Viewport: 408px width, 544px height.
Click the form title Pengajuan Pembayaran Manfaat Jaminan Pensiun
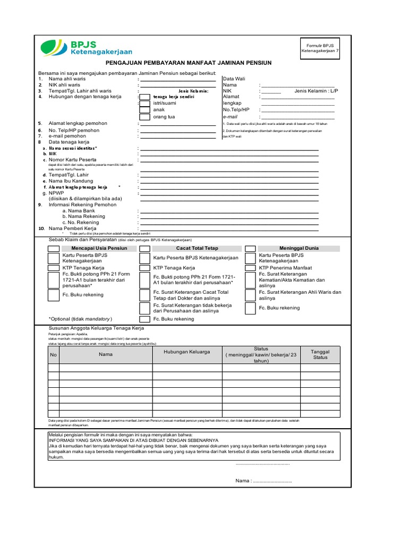click(x=188, y=63)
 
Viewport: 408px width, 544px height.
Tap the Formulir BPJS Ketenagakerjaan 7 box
click(x=319, y=48)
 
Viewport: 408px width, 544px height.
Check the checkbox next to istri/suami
click(x=144, y=103)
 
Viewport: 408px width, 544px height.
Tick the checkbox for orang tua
click(x=144, y=117)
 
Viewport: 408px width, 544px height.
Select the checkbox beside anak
click(x=144, y=110)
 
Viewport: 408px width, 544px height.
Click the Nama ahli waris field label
click(x=69, y=78)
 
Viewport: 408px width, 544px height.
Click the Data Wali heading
click(x=236, y=78)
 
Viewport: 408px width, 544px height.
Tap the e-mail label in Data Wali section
click(x=230, y=116)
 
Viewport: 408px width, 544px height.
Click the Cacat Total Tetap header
click(x=197, y=248)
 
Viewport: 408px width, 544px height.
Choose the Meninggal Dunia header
click(x=299, y=248)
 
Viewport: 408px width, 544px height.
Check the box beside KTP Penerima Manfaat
click(x=250, y=268)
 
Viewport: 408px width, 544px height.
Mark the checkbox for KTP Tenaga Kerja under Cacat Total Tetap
click(x=144, y=268)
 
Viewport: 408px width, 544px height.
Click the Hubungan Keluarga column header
click(x=187, y=352)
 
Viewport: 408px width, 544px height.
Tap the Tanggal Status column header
click(x=320, y=354)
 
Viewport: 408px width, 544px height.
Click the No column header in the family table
click(x=53, y=354)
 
